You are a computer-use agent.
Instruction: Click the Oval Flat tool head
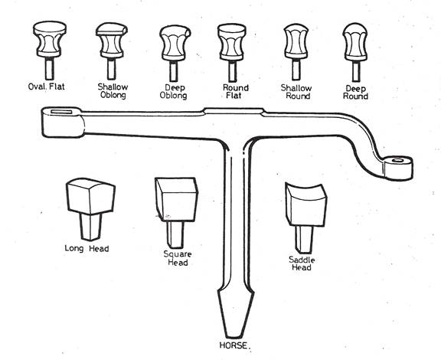pos(50,39)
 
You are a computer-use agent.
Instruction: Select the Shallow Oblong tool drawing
pos(112,51)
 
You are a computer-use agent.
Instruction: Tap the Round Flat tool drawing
pos(232,53)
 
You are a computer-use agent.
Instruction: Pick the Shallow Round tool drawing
pos(296,52)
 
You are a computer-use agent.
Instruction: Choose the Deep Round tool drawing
pos(355,52)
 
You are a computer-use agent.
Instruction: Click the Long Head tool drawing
pos(90,209)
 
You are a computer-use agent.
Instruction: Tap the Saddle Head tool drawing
pos(306,218)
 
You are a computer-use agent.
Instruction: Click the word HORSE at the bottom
pos(234,345)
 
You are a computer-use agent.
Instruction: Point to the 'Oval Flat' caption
pos(47,86)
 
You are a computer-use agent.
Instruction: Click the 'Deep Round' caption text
pos(355,93)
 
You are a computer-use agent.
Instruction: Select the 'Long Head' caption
pos(87,248)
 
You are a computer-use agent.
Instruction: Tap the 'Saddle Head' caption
pos(302,263)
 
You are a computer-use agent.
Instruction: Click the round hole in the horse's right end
pos(397,160)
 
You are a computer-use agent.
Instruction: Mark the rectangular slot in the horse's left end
pos(61,112)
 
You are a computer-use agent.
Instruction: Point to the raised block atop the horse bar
pos(234,111)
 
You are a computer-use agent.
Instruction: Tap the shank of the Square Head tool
pos(175,235)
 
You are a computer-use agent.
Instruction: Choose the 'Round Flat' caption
pos(235,91)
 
